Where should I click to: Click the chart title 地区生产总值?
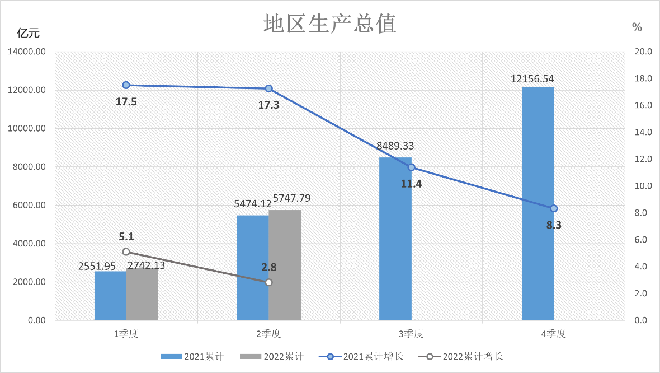pyautogui.click(x=330, y=24)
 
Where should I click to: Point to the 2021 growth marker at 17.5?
pyautogui.click(x=126, y=85)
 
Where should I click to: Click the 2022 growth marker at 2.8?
pyautogui.click(x=269, y=283)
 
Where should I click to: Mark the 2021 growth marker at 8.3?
pyautogui.click(x=554, y=208)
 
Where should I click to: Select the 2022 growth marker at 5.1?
pyautogui.click(x=126, y=252)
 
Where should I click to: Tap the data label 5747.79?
pyautogui.click(x=291, y=198)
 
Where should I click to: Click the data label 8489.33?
pyautogui.click(x=395, y=146)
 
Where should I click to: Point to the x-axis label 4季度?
pyautogui.click(x=553, y=334)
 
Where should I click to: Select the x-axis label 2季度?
pyautogui.click(x=268, y=334)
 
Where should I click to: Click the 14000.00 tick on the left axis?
pyautogui.click(x=27, y=52)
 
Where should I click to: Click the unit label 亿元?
pyautogui.click(x=29, y=33)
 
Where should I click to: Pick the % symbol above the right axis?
pyautogui.click(x=637, y=27)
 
